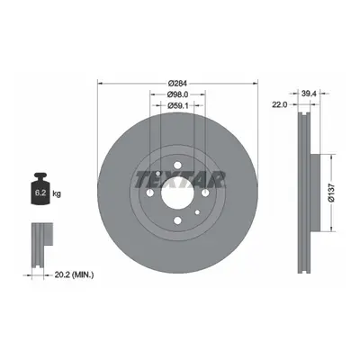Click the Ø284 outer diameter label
pyautogui.click(x=177, y=83)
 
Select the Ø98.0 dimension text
pyautogui.click(x=177, y=94)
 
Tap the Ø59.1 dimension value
pyautogui.click(x=177, y=105)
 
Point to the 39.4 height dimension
pyautogui.click(x=309, y=94)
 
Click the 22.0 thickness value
pyautogui.click(x=280, y=104)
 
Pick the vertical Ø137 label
pyautogui.click(x=331, y=193)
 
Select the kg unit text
pyautogui.click(x=57, y=193)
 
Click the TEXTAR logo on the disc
pyautogui.click(x=180, y=180)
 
